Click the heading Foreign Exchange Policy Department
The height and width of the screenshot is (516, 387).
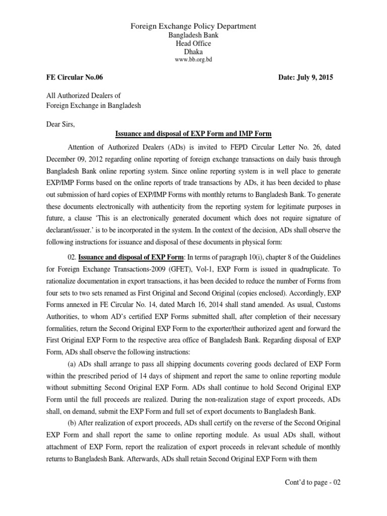pos(193,26)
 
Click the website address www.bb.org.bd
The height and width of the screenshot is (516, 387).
pos(193,60)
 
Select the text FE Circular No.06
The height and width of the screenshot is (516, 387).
pos(75,78)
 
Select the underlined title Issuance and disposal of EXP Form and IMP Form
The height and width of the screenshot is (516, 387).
pos(193,134)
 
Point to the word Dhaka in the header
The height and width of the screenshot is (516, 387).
pos(193,51)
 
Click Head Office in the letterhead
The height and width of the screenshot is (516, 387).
pos(193,43)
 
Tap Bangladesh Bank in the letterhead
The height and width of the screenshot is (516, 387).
pos(193,35)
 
